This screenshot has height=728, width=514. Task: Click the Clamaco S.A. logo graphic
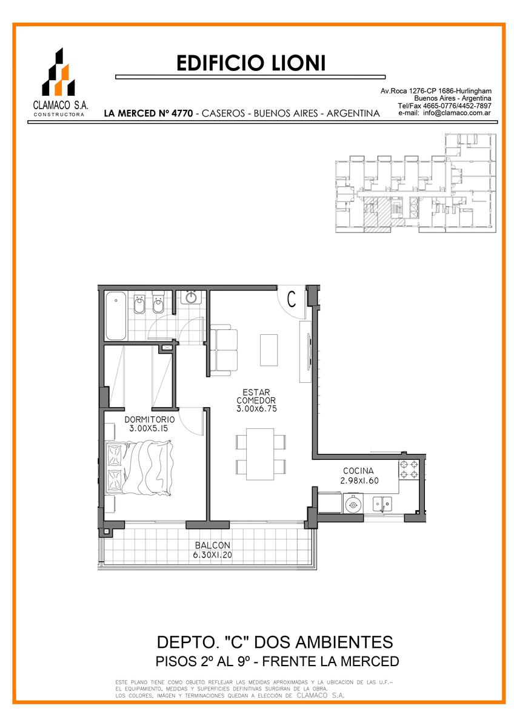[58, 72]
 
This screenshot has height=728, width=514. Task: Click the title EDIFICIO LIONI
[251, 62]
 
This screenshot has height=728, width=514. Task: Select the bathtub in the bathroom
[116, 315]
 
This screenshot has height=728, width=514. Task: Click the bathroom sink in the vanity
[191, 297]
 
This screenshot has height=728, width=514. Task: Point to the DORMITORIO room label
[150, 419]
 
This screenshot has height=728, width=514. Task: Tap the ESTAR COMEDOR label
[256, 396]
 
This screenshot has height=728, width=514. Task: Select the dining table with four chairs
[261, 454]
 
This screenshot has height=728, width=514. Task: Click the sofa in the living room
[224, 350]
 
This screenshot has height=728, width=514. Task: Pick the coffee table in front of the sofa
[269, 350]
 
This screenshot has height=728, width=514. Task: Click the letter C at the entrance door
[292, 299]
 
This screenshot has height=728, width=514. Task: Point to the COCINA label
[358, 471]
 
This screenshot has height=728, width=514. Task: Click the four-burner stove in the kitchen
[409, 470]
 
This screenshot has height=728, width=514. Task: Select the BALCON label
[213, 545]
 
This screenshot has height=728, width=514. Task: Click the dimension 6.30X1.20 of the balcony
[213, 554]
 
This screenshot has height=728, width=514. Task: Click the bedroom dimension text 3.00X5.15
[149, 428]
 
